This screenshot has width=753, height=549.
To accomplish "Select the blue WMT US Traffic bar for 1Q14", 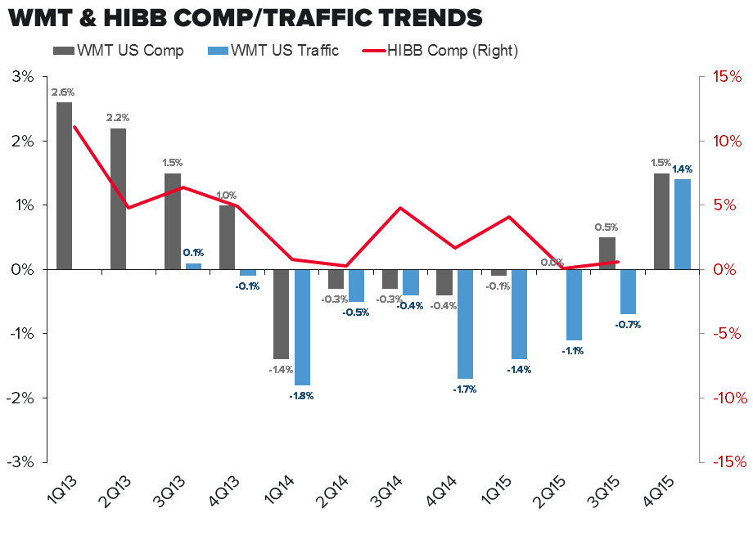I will click(x=302, y=326).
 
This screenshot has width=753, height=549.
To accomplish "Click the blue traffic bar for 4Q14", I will click(x=465, y=323).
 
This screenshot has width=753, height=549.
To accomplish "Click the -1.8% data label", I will click(x=301, y=395).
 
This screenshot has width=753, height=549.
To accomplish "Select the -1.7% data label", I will click(x=464, y=389).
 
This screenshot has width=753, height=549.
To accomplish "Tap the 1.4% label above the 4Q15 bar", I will click(x=683, y=169).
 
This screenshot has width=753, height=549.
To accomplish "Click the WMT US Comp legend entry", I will click(x=119, y=51).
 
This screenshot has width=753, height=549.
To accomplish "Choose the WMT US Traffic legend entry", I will click(x=273, y=51).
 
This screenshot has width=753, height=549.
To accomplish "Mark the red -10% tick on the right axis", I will click(x=721, y=398).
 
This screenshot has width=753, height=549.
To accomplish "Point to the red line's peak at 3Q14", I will click(x=399, y=208).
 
